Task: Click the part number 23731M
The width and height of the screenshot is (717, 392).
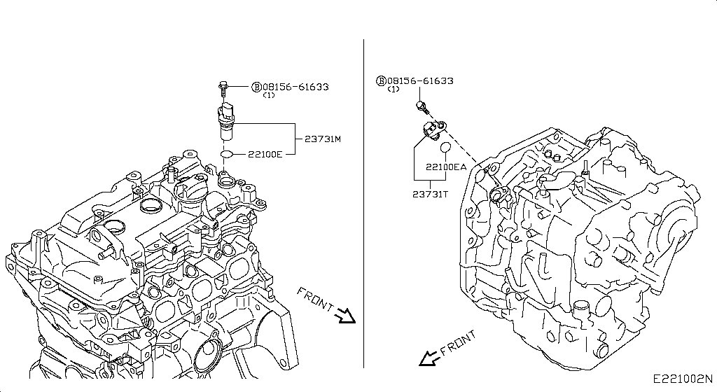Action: (322, 139)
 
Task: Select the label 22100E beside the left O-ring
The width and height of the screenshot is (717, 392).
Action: (264, 154)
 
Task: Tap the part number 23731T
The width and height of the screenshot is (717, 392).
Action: (430, 194)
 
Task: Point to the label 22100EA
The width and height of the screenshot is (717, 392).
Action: (446, 167)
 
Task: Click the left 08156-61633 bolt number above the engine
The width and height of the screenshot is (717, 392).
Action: (295, 87)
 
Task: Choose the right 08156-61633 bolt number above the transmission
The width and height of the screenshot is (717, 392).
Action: (419, 81)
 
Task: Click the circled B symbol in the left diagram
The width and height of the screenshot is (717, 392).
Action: (257, 87)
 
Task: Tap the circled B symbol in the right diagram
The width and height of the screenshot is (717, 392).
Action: (382, 81)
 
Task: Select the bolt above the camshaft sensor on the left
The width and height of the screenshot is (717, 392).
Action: (223, 88)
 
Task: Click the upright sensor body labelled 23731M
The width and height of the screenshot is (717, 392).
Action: (226, 121)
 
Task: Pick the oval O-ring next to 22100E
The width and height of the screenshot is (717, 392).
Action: (227, 154)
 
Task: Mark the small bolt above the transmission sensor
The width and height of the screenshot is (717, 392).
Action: (422, 106)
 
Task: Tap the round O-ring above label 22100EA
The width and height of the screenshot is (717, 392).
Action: (445, 148)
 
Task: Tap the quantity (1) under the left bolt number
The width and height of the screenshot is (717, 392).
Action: (268, 95)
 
